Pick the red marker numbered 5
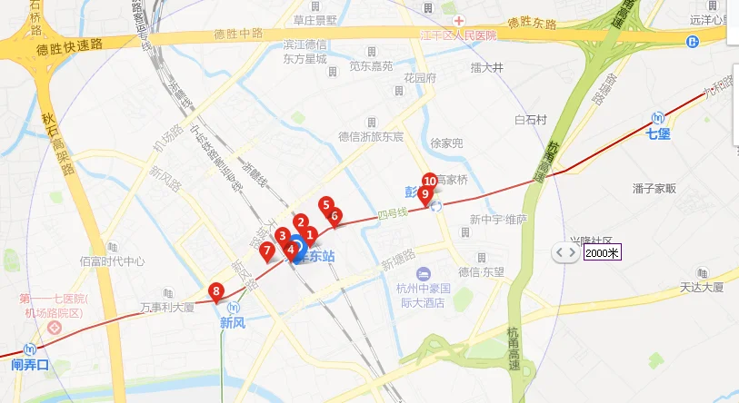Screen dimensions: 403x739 (326, 205)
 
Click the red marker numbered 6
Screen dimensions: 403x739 (335, 216)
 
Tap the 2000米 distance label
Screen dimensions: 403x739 (601, 252)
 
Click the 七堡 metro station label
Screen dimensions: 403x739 (657, 134)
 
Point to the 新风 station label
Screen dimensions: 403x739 (233, 321)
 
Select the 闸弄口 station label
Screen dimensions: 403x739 (29, 365)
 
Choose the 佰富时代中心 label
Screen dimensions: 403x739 (112, 261)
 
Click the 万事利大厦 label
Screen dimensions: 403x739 (168, 307)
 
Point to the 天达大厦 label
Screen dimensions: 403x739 (701, 288)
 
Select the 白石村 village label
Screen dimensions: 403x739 (530, 119)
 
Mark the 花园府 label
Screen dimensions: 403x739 (421, 78)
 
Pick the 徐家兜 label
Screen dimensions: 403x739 (446, 143)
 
